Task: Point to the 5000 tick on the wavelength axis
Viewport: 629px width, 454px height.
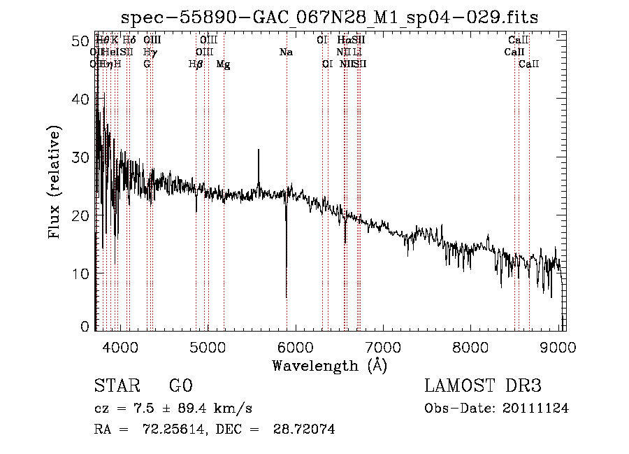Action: coord(208,347)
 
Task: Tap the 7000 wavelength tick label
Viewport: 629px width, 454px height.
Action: coord(383,347)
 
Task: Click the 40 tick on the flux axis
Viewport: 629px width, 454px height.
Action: coord(79,100)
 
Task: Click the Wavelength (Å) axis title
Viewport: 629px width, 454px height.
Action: coord(329,365)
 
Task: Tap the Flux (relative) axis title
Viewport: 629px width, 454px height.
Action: coord(55,182)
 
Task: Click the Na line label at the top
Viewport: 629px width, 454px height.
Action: coord(286,52)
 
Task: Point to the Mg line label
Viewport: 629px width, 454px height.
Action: coord(224,64)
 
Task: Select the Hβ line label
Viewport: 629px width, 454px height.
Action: coord(196,64)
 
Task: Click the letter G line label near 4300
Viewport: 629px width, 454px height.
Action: coord(147,64)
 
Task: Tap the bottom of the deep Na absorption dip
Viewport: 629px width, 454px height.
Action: coord(287,297)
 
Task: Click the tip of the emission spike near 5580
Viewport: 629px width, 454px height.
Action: coord(259,150)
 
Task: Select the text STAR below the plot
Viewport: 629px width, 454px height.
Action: coord(117,386)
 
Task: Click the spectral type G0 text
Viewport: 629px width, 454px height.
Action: coord(180,386)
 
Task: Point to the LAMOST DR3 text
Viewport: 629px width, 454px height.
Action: coord(483,386)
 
